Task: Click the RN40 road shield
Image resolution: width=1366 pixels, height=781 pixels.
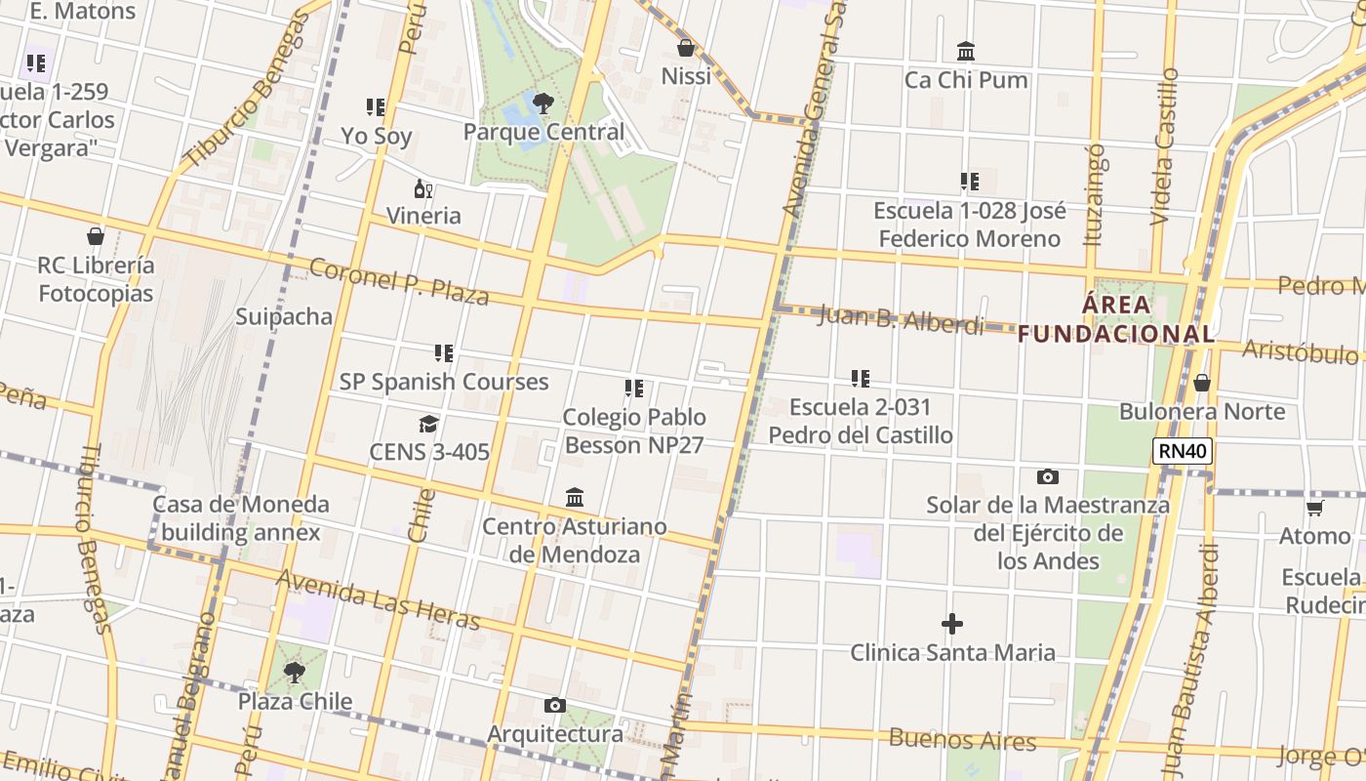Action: coord(1183,451)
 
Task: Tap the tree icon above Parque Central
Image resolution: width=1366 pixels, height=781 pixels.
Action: coord(543,103)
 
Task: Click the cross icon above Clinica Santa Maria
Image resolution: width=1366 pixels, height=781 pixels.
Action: coord(952,623)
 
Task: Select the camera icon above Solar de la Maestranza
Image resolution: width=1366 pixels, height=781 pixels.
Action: coord(1047,476)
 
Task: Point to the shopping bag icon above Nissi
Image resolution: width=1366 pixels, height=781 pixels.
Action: coord(686,47)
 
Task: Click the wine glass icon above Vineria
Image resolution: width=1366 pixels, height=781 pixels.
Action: coord(423,188)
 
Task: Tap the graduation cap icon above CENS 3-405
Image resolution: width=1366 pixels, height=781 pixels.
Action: coord(428,424)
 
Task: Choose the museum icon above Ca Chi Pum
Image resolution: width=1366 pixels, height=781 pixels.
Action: coord(966,51)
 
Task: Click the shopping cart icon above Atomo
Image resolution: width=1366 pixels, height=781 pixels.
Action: coord(1314,508)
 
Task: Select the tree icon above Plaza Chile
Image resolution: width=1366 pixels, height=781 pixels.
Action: coord(294,672)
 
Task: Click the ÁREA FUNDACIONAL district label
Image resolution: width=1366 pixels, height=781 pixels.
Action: coord(1116,319)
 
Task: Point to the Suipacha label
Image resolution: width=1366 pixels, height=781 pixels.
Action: coord(284,316)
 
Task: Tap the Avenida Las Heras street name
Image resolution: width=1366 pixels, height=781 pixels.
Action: coord(379,599)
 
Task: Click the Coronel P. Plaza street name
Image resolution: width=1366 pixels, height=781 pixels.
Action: coord(399,281)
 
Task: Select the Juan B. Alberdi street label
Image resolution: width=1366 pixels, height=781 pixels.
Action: coord(901,318)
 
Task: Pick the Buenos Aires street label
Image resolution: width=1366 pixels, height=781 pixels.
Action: coord(961,739)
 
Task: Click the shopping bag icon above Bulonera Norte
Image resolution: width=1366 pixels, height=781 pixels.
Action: coord(1202,383)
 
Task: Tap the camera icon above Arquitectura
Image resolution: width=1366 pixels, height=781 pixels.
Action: coord(554,705)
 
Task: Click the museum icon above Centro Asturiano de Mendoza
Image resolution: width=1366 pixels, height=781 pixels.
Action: coord(575,498)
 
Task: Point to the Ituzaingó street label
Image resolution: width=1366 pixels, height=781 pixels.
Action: coord(1095,194)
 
